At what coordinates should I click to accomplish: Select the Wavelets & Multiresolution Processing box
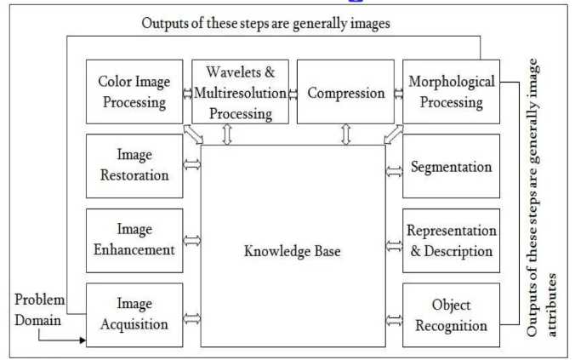(x=240, y=91)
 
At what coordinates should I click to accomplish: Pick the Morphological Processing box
(x=450, y=91)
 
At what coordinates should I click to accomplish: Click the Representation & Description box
(x=450, y=240)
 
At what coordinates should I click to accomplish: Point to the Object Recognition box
(x=450, y=314)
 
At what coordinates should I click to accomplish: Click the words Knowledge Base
(x=292, y=252)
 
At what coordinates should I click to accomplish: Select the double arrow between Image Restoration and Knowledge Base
(x=192, y=165)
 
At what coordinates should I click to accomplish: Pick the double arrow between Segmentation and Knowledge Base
(x=393, y=171)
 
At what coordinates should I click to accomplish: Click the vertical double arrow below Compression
(x=345, y=134)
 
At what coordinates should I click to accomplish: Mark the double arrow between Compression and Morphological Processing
(x=398, y=92)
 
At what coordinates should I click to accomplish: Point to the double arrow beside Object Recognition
(x=393, y=320)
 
